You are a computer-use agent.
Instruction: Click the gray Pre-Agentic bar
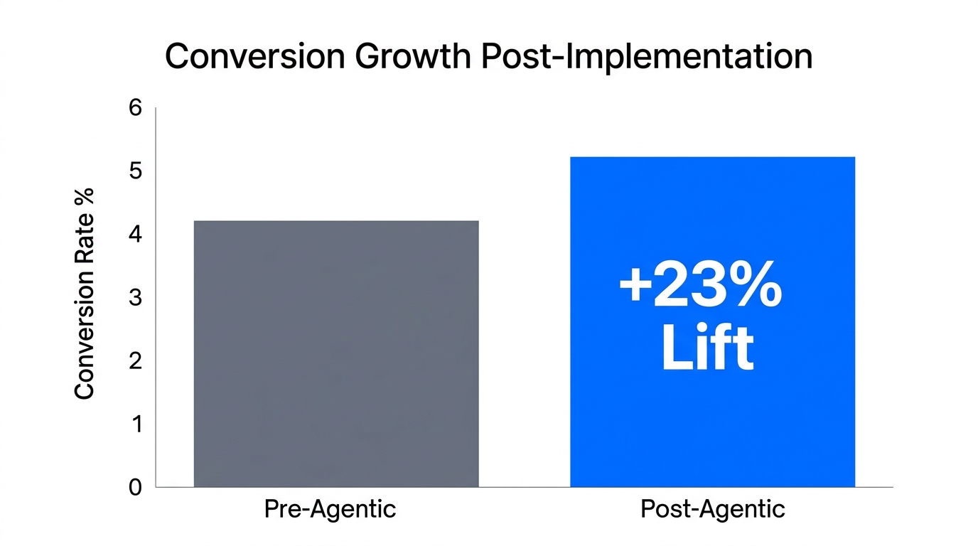336,353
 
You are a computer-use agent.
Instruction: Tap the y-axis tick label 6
135,108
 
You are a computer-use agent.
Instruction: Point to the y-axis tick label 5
135,171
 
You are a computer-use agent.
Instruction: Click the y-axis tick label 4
135,235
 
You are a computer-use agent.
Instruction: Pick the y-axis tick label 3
135,298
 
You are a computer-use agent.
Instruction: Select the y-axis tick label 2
135,361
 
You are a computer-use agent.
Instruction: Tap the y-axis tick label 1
135,424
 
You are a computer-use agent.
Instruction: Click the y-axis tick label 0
135,488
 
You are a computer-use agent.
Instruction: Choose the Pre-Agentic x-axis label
330,510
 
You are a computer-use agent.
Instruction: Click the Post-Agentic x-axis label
712,510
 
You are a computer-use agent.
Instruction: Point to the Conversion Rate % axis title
85,293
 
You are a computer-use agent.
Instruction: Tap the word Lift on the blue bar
706,348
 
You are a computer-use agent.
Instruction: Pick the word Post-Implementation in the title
647,58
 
